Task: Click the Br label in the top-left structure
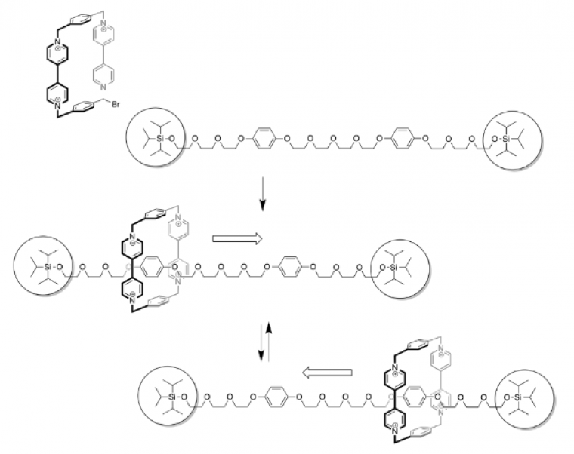(116, 104)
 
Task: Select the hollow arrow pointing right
(237, 239)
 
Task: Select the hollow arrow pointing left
(327, 373)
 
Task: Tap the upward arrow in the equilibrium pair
(270, 339)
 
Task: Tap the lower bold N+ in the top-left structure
(57, 103)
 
